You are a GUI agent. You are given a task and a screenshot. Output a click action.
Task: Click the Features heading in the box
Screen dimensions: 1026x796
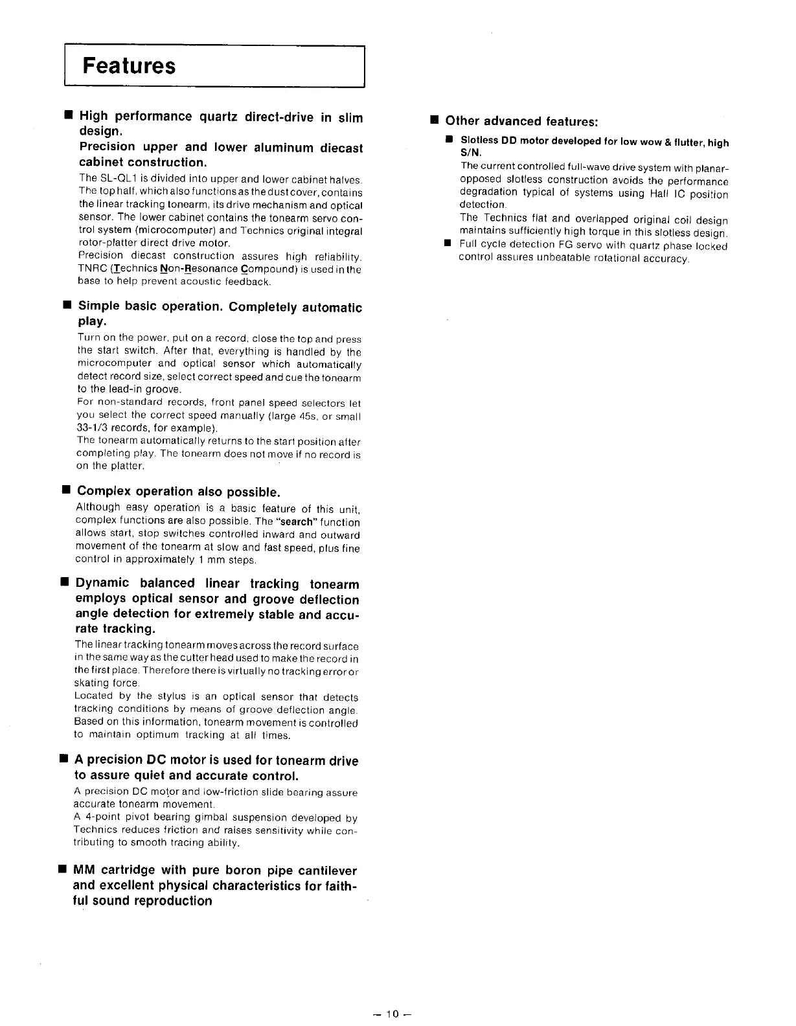(129, 66)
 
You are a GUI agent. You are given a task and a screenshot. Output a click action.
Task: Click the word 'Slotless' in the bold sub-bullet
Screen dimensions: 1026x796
(479, 141)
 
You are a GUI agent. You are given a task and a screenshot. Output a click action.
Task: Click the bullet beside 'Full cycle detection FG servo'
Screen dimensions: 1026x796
(447, 244)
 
